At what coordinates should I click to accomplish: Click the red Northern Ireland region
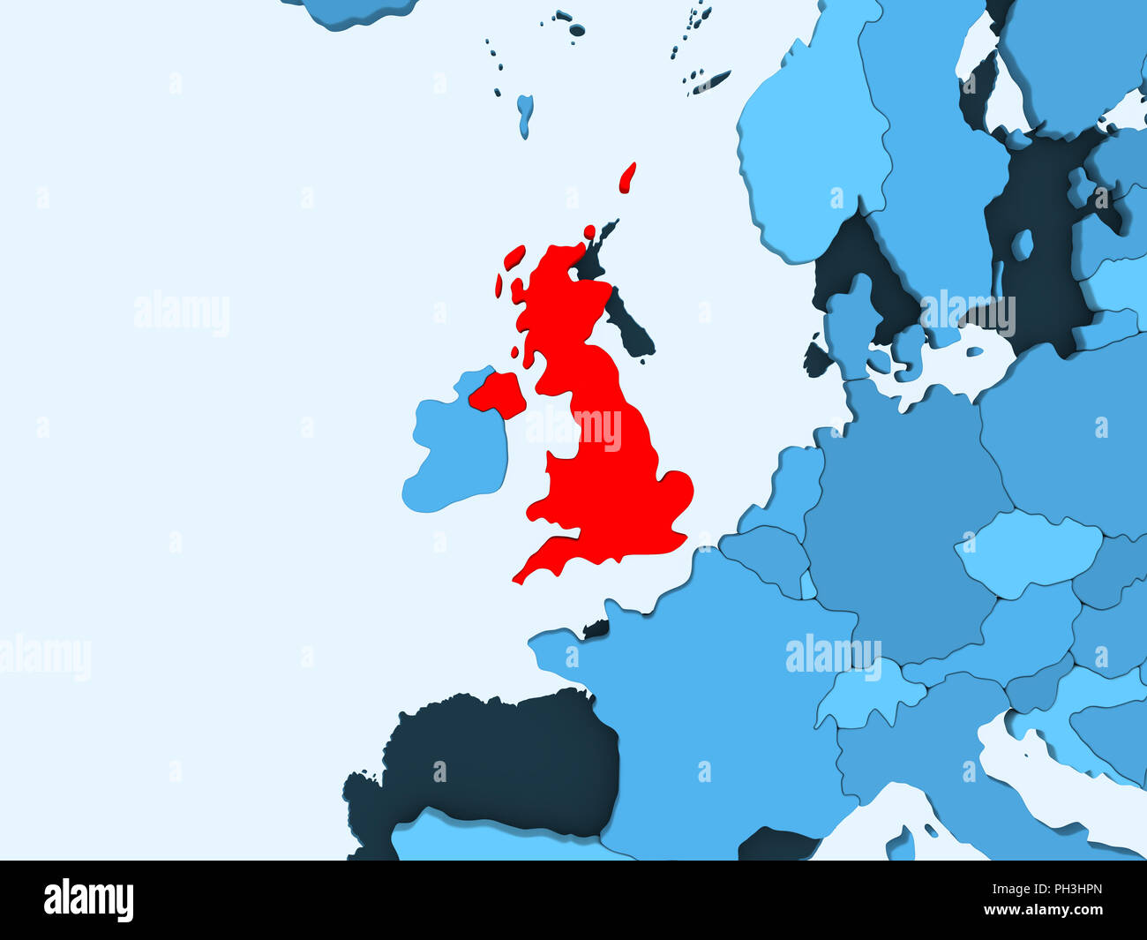pos(498,394)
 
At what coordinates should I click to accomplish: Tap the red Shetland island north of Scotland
pos(628,177)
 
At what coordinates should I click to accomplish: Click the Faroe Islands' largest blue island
pos(525,113)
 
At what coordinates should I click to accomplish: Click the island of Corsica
pos(901,843)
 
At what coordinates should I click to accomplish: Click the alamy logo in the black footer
pos(88,900)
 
